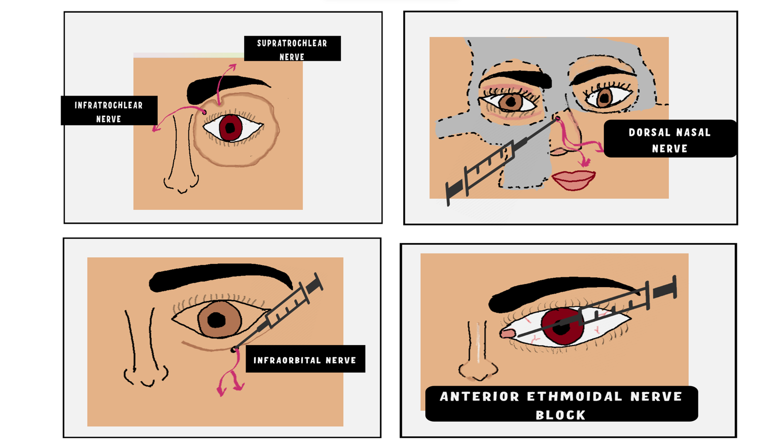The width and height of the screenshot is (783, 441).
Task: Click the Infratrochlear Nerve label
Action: tap(109, 111)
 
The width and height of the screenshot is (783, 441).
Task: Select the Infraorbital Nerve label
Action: tap(305, 359)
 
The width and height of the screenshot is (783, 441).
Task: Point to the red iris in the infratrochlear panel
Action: tap(230, 128)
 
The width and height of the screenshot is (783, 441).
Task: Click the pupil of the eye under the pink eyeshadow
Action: tap(511, 102)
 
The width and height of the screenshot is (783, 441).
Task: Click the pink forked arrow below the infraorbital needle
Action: tap(230, 373)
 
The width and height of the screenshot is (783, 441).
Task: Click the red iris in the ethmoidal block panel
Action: tap(562, 326)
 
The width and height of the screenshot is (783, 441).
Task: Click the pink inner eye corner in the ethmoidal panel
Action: tap(507, 333)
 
